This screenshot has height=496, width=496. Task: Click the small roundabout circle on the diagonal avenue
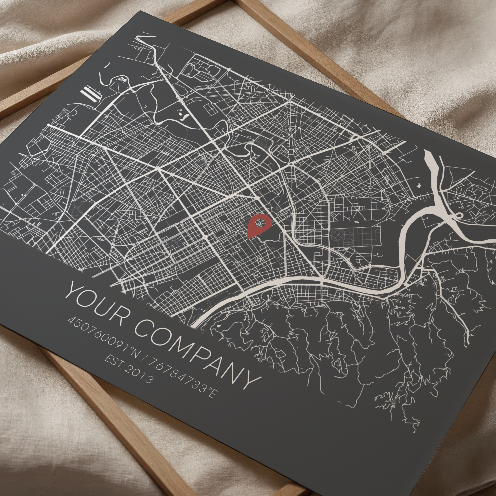click(291, 164)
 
